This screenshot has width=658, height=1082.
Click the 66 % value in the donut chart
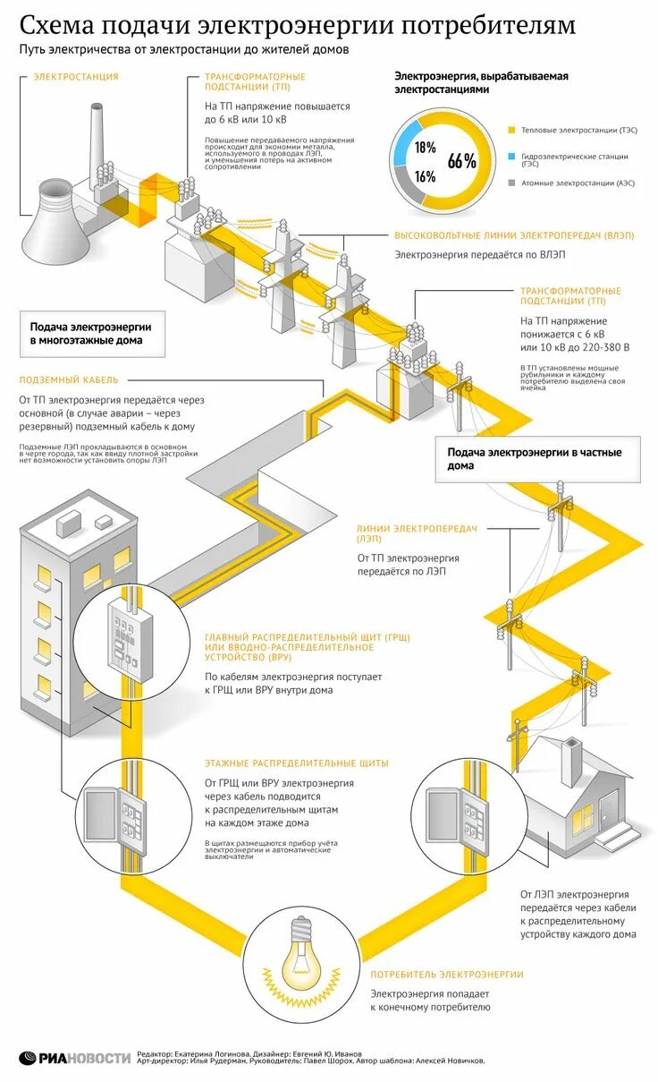pos(462,161)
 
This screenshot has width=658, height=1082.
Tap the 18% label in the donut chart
pos(425,147)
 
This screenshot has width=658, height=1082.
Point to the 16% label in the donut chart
pos(425,176)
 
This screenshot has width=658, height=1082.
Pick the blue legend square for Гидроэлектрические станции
pos(512,157)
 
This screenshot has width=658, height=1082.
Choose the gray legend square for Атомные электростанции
pos(512,183)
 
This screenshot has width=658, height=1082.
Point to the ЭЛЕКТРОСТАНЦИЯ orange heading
pos(75,77)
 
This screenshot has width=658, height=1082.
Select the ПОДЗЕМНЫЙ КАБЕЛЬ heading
pos(68,379)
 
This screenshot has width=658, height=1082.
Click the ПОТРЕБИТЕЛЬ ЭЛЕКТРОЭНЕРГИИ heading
pos(446,974)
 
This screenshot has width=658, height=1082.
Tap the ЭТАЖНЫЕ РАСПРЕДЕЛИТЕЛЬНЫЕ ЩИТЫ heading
pos(296,763)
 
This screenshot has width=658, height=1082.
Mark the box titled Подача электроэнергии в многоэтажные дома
pos(90,334)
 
